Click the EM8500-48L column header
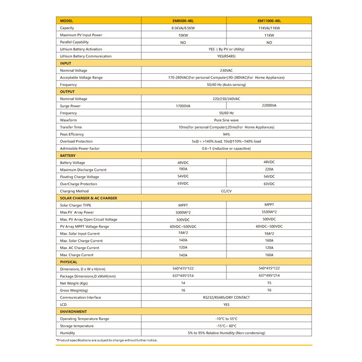[183, 21]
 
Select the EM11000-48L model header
[269, 21]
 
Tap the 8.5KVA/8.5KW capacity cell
[183, 28]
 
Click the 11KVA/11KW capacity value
[269, 28]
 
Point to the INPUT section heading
[65, 63]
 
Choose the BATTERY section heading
[68, 155]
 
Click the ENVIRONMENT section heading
[73, 312]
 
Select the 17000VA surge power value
[183, 106]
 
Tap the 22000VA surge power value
[269, 105]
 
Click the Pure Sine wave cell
[226, 120]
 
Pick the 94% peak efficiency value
[226, 134]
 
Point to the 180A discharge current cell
[183, 169]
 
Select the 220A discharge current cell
[269, 169]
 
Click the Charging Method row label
[74, 191]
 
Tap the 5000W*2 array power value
[183, 212]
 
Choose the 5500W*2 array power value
[269, 212]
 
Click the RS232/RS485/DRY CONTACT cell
[226, 297]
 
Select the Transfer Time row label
[72, 127]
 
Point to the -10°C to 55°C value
[226, 319]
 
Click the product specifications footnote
[107, 340]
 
